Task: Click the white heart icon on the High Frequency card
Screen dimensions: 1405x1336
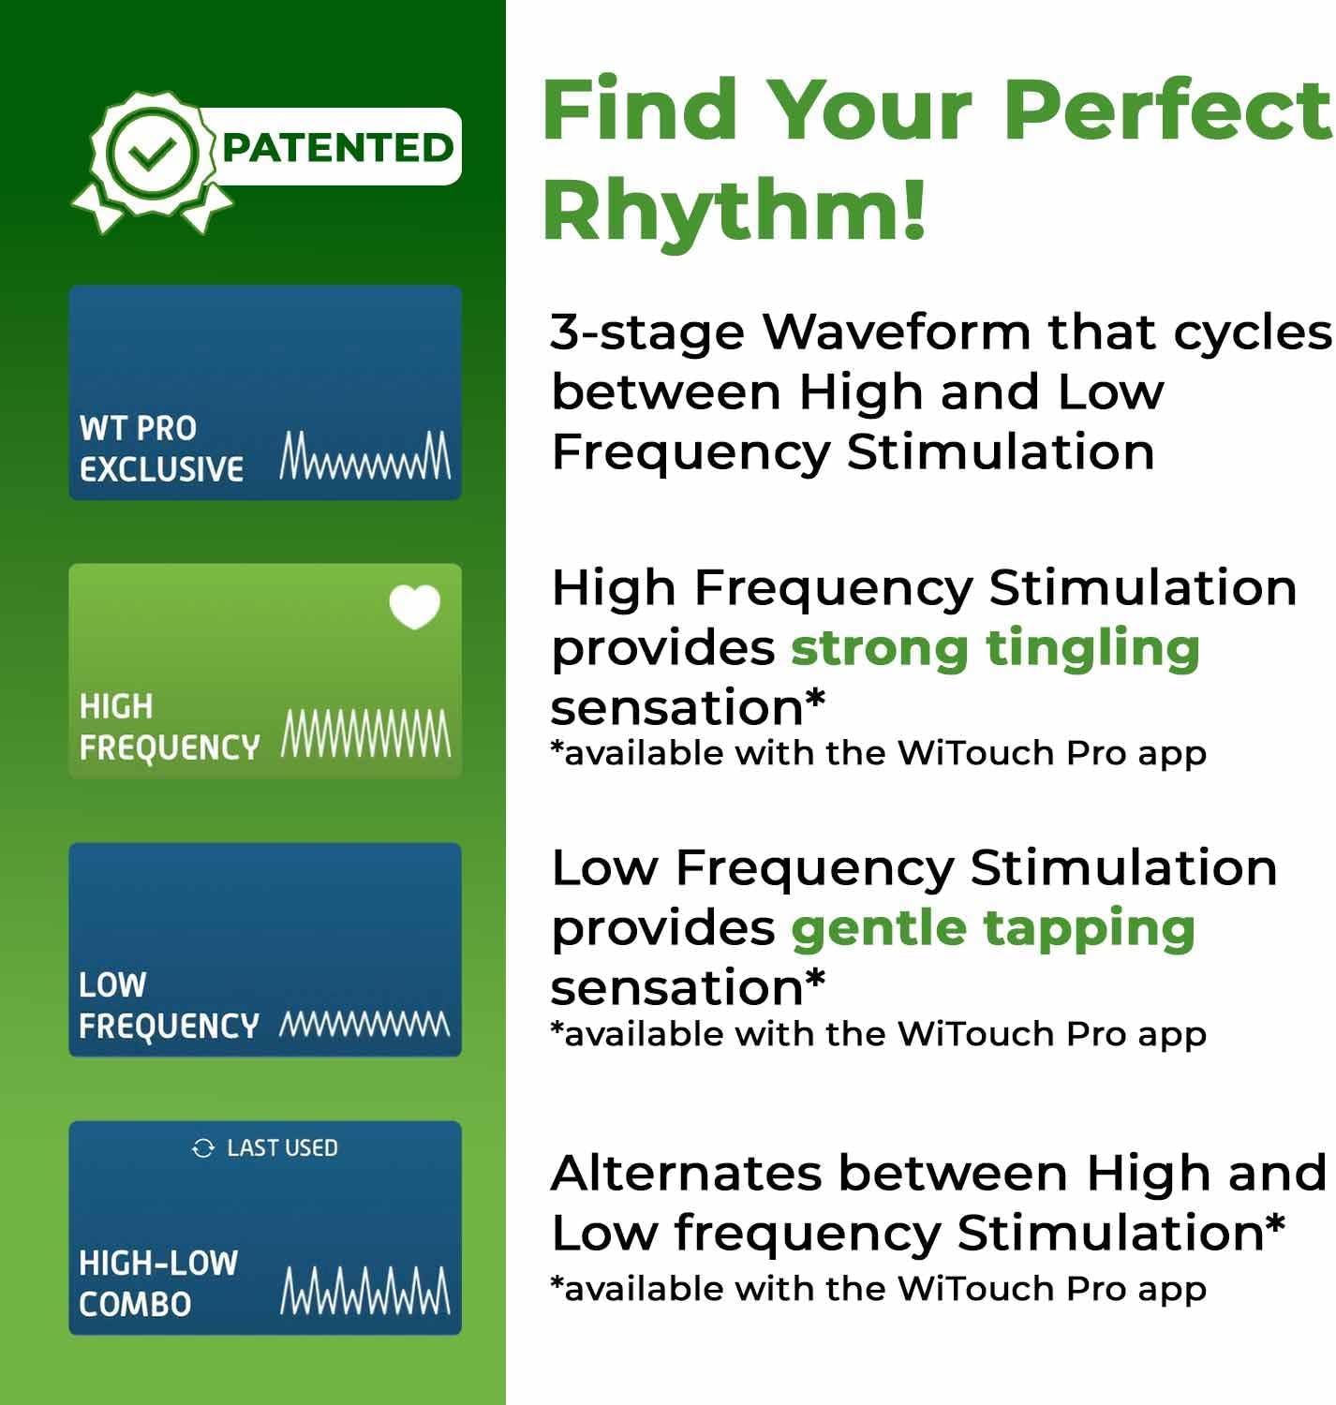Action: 414,606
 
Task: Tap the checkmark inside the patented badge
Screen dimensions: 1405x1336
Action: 153,153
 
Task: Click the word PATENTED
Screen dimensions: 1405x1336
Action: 337,148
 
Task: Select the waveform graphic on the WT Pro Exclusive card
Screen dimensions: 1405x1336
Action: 365,456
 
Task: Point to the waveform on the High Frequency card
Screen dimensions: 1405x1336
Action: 365,733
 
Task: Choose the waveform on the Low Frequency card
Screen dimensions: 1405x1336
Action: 365,1024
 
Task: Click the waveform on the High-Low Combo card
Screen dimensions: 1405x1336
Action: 365,1290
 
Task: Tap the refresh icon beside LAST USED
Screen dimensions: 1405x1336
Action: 203,1148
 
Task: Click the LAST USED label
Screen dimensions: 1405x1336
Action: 282,1148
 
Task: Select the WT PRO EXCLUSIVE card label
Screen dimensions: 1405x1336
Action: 160,449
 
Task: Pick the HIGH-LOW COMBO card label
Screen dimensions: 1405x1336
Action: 157,1283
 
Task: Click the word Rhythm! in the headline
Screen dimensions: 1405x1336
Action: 734,209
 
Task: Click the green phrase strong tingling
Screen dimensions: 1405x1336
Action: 994,648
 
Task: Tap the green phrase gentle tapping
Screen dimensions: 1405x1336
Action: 992,928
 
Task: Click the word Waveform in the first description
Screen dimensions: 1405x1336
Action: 898,332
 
